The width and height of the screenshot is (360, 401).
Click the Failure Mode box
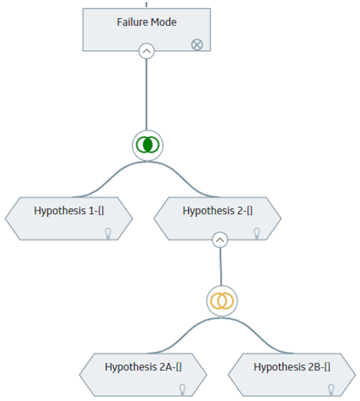tap(147, 30)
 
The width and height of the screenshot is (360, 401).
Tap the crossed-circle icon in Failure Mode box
tap(197, 45)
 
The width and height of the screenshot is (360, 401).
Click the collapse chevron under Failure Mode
tap(147, 51)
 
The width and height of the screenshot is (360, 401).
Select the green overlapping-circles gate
tap(147, 145)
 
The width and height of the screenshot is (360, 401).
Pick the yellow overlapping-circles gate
tap(222, 300)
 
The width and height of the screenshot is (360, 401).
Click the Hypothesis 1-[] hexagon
tap(69, 218)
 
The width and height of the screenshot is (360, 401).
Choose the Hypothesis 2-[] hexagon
tap(217, 218)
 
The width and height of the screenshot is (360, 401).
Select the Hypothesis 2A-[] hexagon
tap(143, 374)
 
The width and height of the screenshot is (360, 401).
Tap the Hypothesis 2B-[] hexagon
tap(292, 374)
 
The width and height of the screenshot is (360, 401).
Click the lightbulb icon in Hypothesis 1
tap(108, 234)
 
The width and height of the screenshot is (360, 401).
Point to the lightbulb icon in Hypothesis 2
tap(257, 234)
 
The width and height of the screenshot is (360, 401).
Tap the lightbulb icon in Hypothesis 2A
tap(183, 389)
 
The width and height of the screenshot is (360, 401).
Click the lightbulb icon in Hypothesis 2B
tap(331, 389)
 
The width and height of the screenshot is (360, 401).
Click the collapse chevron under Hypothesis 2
tap(220, 240)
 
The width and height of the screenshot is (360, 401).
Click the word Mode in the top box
tap(164, 22)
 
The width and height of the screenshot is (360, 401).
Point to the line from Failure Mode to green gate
tap(147, 94)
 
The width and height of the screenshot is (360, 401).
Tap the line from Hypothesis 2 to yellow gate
tap(221, 266)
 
